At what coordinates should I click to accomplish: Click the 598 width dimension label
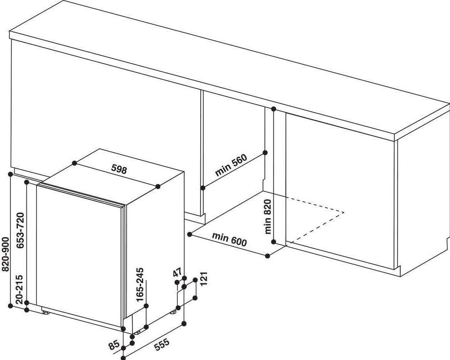click(119, 169)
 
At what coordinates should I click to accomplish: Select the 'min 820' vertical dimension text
click(268, 216)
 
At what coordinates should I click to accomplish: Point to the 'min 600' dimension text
click(229, 239)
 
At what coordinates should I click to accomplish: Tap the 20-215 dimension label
click(19, 290)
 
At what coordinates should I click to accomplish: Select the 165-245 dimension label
click(140, 284)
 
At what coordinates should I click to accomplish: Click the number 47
click(178, 272)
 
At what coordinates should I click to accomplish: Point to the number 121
click(204, 278)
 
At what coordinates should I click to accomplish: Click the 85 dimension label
click(114, 345)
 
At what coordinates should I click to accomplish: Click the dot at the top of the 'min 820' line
click(274, 109)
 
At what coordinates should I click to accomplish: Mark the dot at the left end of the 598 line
click(75, 163)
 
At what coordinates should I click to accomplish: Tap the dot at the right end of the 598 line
click(158, 186)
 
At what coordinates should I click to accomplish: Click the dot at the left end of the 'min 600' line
click(190, 234)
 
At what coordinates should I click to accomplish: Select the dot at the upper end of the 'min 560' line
click(265, 153)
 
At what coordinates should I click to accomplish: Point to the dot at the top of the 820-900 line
click(11, 174)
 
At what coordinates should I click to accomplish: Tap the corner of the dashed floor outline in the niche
click(344, 213)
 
